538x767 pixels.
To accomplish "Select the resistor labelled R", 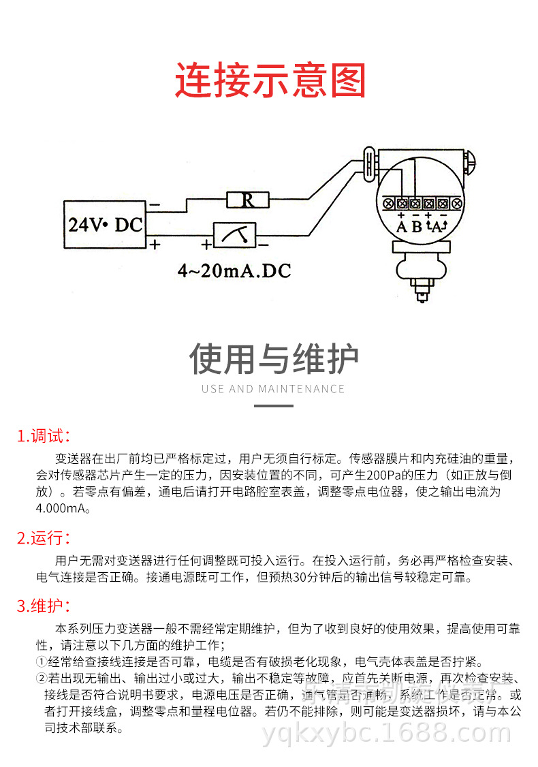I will pos(248,200).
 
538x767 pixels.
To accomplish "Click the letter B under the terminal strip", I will pos(417,227).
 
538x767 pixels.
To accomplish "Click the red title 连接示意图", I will pos(270,80).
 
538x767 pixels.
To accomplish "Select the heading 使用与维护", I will pos(274,359).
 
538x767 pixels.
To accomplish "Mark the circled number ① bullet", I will pos(41,661).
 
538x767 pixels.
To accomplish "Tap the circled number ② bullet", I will pos(41,678).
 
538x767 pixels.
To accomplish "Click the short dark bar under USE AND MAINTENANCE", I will pos(274,406).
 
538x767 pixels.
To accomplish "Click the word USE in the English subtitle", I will pos(213,389).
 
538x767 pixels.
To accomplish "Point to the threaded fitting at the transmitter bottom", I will pos(423,294).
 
